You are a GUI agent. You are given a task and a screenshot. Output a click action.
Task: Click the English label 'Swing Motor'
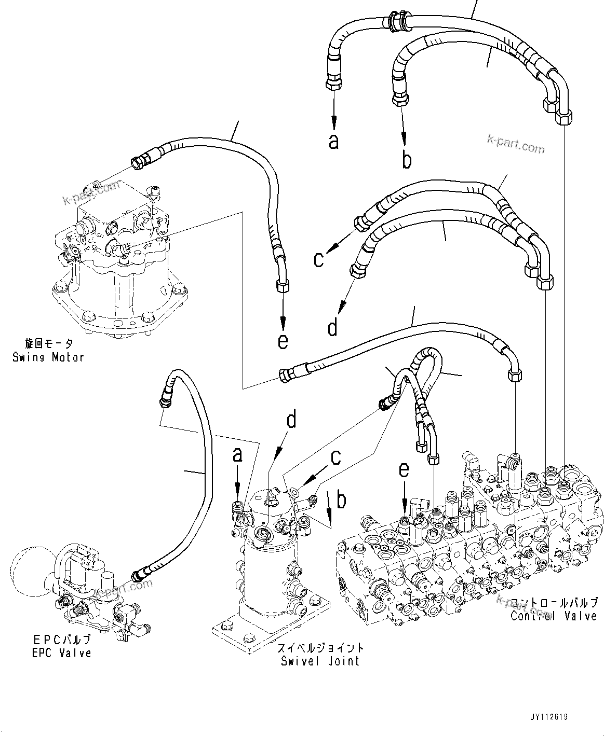tap(48, 357)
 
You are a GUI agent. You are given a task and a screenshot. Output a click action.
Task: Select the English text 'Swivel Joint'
tap(320, 661)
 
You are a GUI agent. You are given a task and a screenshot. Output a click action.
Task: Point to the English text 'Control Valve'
tap(554, 616)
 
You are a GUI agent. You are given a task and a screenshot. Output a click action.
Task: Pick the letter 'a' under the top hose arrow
tap(333, 141)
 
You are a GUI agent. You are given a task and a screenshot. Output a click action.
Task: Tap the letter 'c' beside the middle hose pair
tap(319, 259)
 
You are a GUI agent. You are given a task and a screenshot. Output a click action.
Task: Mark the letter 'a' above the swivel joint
tap(237, 455)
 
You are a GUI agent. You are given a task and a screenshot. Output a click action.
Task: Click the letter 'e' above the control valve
tap(404, 470)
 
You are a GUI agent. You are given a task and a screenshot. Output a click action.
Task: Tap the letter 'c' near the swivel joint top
tap(336, 457)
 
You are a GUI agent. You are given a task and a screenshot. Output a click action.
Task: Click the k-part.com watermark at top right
tap(516, 145)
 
